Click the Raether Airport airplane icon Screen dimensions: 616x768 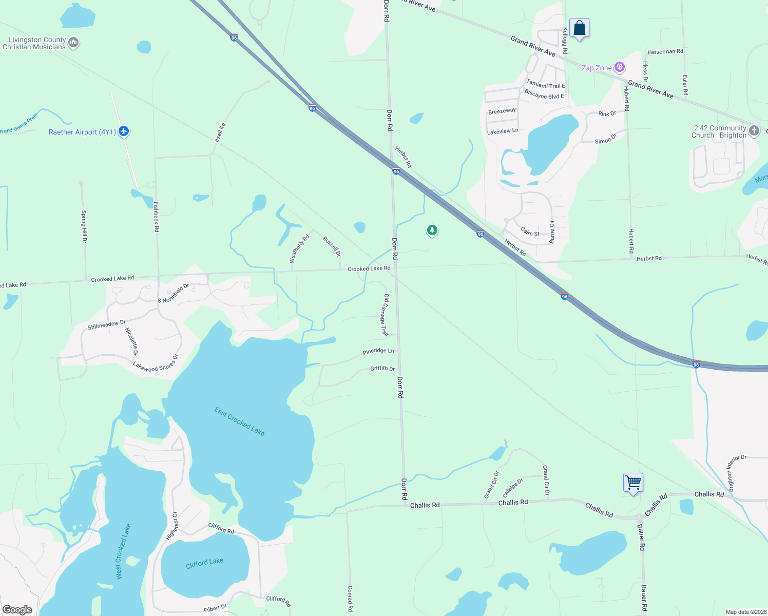pyautogui.click(x=123, y=131)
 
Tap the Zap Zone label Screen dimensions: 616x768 pyautogui.click(x=597, y=68)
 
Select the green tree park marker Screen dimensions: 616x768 pyautogui.click(x=432, y=230)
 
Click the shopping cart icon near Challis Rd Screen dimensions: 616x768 pyautogui.click(x=633, y=483)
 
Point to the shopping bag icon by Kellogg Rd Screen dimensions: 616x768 pyautogui.click(x=579, y=28)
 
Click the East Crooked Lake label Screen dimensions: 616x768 pyautogui.click(x=239, y=421)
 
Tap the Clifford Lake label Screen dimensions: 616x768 pyautogui.click(x=204, y=563)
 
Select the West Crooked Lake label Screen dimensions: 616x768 pyautogui.click(x=123, y=551)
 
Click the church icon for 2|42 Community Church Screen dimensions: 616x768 pyautogui.click(x=754, y=130)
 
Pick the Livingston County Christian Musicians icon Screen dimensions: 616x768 pyautogui.click(x=73, y=43)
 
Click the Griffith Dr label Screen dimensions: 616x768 pyautogui.click(x=382, y=369)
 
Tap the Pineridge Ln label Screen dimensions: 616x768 pyautogui.click(x=378, y=351)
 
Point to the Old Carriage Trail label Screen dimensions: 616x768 pyautogui.click(x=385, y=315)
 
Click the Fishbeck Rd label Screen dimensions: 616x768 pyautogui.click(x=157, y=216)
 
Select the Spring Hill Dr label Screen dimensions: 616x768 pyautogui.click(x=84, y=226)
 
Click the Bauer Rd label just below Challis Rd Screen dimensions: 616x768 pyautogui.click(x=641, y=537)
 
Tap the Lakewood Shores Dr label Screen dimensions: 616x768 pyautogui.click(x=155, y=363)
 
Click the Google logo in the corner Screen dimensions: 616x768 pyautogui.click(x=17, y=609)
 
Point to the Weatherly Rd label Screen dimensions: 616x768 pyautogui.click(x=300, y=248)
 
